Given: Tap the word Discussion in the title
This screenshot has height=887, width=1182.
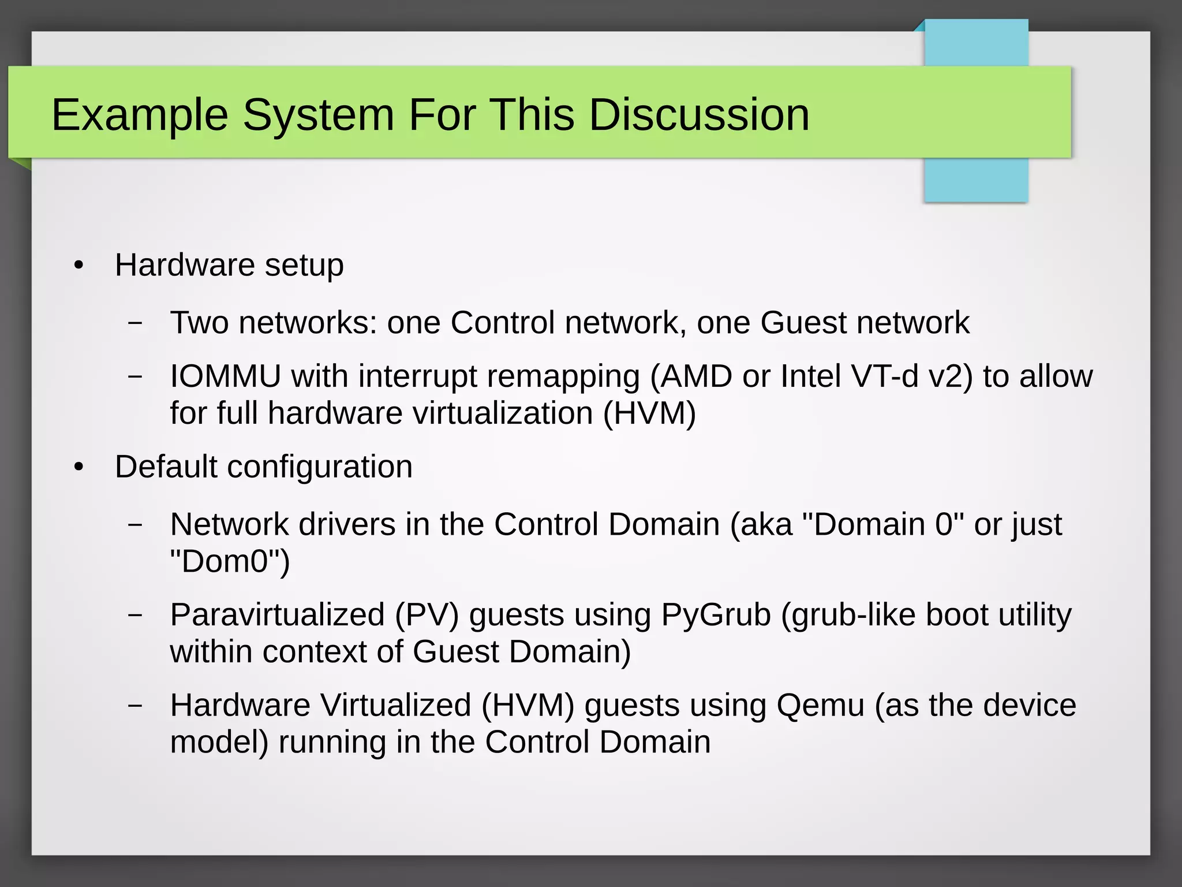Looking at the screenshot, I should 699,114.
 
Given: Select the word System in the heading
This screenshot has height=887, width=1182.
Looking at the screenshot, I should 318,115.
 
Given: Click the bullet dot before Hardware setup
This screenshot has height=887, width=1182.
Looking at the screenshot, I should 79,266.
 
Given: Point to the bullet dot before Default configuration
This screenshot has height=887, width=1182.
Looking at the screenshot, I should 79,467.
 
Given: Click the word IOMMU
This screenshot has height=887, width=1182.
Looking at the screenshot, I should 225,377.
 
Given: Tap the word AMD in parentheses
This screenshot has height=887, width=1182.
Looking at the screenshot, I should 695,377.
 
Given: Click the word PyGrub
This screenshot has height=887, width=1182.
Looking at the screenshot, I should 716,614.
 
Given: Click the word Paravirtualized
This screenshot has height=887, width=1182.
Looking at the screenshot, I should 277,614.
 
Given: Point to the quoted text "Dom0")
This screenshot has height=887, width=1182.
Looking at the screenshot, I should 230,561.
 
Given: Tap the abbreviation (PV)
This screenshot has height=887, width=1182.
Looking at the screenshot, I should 427,614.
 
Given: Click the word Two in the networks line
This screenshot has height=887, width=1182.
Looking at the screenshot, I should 199,322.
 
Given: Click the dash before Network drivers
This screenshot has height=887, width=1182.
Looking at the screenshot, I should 135,524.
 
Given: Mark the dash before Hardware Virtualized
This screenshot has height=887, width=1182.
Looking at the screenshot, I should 135,705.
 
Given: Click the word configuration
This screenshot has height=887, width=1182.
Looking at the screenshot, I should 320,467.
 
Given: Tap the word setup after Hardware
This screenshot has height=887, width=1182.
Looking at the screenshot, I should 304,266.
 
